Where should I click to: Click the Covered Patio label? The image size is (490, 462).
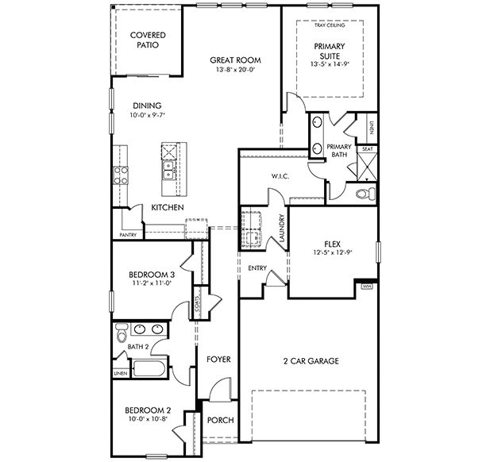(148, 40)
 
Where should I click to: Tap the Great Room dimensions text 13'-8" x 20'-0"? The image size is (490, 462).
(235, 70)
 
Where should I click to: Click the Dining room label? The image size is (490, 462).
(147, 105)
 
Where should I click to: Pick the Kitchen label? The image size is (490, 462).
(168, 207)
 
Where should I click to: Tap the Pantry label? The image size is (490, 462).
(127, 235)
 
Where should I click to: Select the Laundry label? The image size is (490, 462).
(281, 227)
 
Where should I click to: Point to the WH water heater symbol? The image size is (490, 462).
(367, 286)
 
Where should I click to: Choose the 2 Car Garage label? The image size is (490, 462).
(311, 361)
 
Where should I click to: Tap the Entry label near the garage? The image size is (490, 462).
(257, 268)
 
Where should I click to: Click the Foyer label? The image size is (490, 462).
(218, 360)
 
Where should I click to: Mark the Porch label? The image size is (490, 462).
(220, 421)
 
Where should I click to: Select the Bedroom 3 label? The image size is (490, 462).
(151, 275)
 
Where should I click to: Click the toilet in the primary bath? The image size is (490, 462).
(365, 194)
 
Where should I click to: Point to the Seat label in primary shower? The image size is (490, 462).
(368, 148)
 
